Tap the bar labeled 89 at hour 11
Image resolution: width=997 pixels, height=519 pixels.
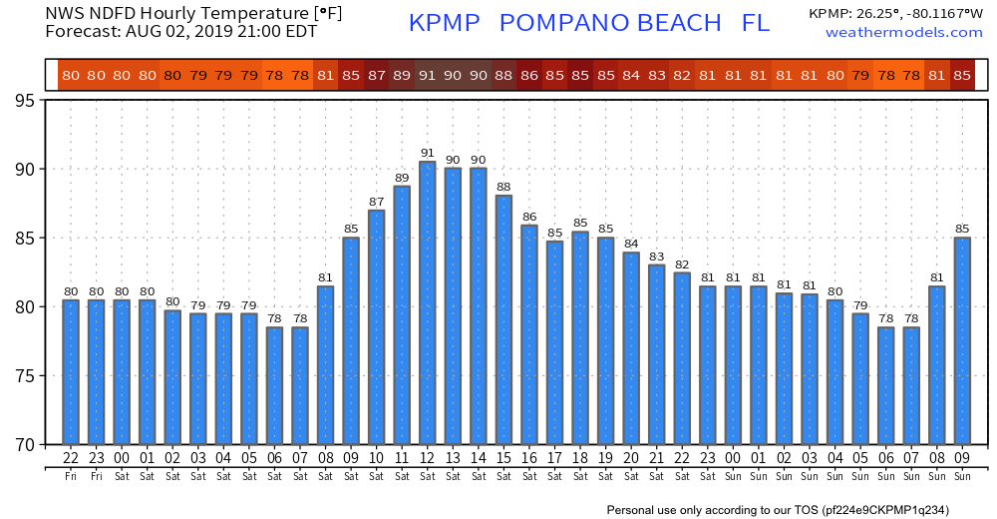402,314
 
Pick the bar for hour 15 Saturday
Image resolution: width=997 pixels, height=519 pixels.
503,319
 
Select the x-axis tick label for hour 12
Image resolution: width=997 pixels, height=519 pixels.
427,458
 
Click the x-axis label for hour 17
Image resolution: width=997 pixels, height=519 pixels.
554,458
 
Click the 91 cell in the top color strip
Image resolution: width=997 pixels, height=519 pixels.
427,75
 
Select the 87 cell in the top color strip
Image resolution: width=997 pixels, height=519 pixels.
376,75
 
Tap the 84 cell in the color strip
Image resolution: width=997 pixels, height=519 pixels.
631,75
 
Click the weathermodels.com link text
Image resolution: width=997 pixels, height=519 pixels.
903,33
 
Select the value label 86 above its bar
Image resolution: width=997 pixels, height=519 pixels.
529,217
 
